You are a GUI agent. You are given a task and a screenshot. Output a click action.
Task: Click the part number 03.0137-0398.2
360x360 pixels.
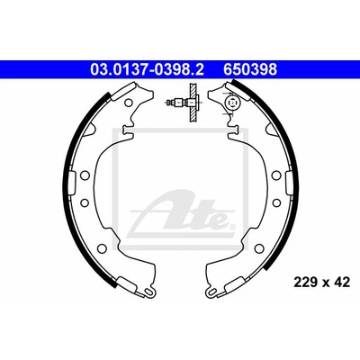tap(147, 69)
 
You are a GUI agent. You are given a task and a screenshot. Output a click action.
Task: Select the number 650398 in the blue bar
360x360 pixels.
tap(249, 69)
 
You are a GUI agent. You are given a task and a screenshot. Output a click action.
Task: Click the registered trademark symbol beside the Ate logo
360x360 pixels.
tap(231, 226)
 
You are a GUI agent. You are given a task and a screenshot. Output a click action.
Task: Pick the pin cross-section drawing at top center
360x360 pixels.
tap(184, 103)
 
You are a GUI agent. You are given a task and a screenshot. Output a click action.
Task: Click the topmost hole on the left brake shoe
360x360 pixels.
tap(128, 103)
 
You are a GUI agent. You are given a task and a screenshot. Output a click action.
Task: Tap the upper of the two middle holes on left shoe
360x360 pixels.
tap(85, 175)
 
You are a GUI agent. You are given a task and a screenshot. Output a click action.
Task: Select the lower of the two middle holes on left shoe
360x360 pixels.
tap(84, 202)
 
